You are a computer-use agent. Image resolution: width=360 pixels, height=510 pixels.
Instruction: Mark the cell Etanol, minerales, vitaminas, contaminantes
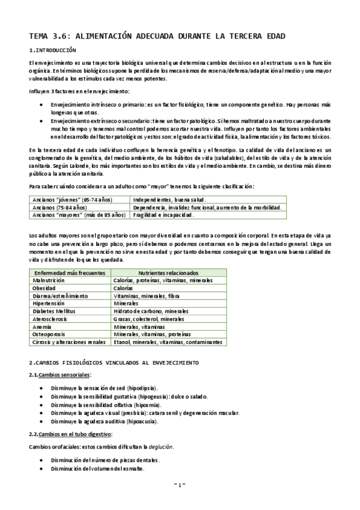168,342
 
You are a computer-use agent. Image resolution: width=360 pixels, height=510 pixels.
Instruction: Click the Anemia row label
44,327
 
